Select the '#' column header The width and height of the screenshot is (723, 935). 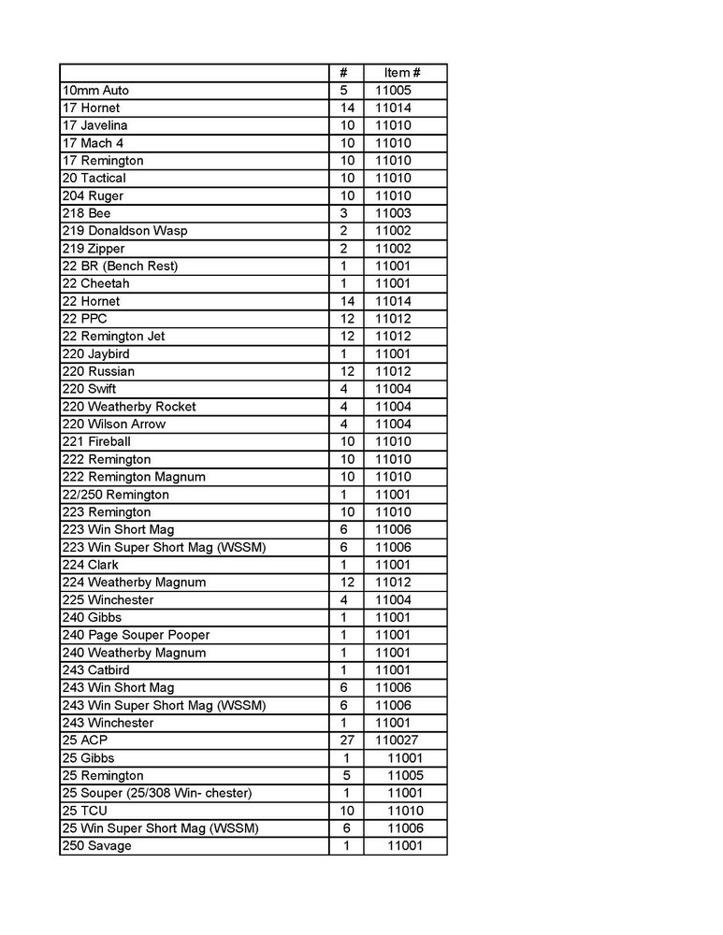(x=344, y=73)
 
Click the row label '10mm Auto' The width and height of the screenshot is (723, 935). (x=95, y=91)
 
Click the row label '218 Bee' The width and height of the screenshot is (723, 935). (x=86, y=213)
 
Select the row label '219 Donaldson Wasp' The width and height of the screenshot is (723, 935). (x=125, y=231)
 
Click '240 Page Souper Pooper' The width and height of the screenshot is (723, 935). (x=136, y=635)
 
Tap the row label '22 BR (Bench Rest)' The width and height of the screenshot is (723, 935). (x=120, y=266)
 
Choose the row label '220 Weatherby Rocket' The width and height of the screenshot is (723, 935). (x=129, y=407)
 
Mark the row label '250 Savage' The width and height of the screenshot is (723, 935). (x=96, y=846)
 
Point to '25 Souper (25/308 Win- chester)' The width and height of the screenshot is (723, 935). (x=157, y=794)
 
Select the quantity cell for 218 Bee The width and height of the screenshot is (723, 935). (x=344, y=213)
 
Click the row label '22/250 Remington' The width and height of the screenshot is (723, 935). (x=116, y=495)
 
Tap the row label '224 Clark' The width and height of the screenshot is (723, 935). (x=91, y=565)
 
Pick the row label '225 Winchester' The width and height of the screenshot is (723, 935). (x=108, y=600)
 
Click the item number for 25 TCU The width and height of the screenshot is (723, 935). (x=405, y=811)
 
